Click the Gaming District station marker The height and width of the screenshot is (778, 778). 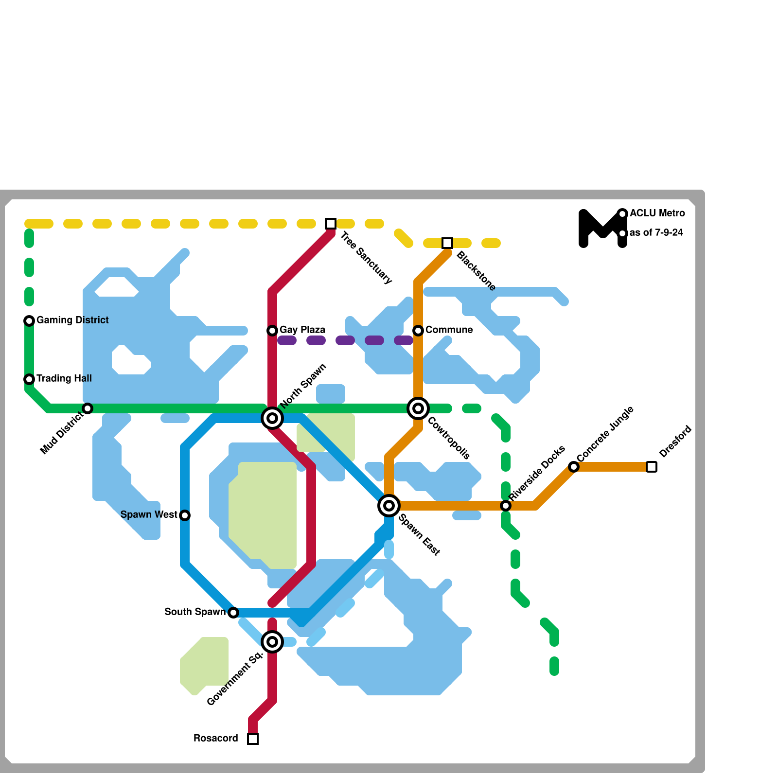coord(29,320)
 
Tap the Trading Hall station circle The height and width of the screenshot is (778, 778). coord(29,379)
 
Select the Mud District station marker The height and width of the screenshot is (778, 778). coord(88,408)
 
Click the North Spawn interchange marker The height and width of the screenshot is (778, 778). coord(272,418)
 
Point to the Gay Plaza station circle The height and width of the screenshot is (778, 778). coord(272,331)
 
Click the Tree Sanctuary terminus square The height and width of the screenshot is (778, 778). coord(331,224)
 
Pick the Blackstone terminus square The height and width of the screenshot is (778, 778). coord(447,243)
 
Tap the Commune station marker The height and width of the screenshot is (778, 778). coord(418,331)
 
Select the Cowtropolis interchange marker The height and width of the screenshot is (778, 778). coord(418,408)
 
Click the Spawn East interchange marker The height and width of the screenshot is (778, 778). coord(389,506)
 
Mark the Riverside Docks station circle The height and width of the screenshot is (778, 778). coord(506,506)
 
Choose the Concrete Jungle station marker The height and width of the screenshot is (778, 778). coord(574,467)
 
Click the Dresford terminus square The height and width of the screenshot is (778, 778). coord(652,467)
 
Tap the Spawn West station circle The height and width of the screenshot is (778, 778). coord(185,515)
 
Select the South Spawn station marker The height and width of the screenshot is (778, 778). coord(233,613)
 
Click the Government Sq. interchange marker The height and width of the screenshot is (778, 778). coord(272,642)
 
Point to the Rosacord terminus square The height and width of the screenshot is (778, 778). coord(253,739)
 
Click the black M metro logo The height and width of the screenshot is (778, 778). coord(602,229)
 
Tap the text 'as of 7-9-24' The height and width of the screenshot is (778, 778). coord(656,233)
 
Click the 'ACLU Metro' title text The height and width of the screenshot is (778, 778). coord(657,213)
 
